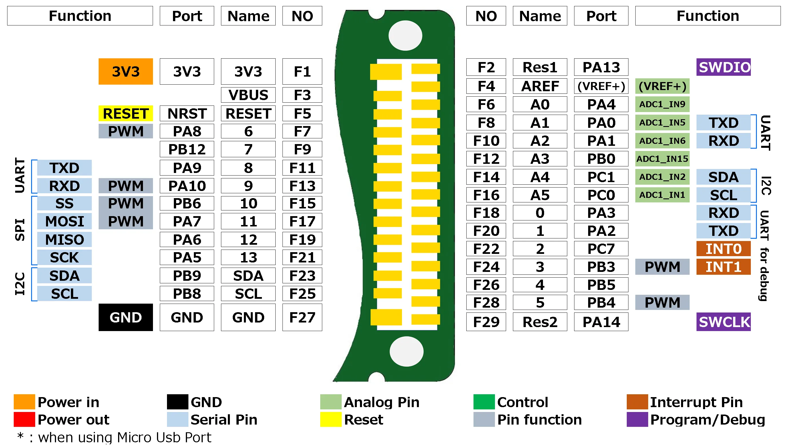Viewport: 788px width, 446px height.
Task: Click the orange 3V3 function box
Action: click(126, 71)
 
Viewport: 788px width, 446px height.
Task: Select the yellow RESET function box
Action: click(126, 113)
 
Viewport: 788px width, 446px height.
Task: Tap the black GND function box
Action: click(126, 317)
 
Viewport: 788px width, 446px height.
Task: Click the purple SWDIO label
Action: click(723, 67)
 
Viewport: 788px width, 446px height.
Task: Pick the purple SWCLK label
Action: click(723, 322)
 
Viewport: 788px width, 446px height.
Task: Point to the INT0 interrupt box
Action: click(723, 249)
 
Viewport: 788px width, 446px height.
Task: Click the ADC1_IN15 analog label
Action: click(662, 159)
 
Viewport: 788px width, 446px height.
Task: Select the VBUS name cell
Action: click(248, 95)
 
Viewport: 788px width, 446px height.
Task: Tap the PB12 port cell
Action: click(187, 149)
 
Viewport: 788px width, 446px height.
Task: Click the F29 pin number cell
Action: click(486, 322)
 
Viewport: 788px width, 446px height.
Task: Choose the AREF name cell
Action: click(540, 86)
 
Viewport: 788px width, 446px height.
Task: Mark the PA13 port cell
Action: click(601, 67)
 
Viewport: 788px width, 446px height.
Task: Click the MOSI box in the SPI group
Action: click(64, 221)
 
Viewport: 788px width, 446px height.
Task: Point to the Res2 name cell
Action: click(540, 322)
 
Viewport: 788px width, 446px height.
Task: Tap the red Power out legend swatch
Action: click(24, 419)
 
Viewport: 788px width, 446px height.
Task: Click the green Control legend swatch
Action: click(484, 402)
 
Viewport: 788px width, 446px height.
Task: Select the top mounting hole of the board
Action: click(405, 35)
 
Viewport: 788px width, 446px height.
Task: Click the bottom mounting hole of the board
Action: click(406, 351)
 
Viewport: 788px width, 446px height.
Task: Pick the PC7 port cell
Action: click(601, 249)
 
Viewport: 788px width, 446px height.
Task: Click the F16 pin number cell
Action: click(486, 195)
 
